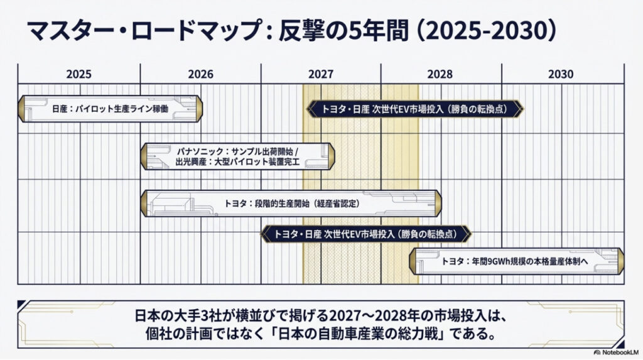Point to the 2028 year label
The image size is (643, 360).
click(x=440, y=74)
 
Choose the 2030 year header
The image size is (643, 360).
click(x=560, y=74)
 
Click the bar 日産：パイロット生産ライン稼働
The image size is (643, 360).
click(x=110, y=109)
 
